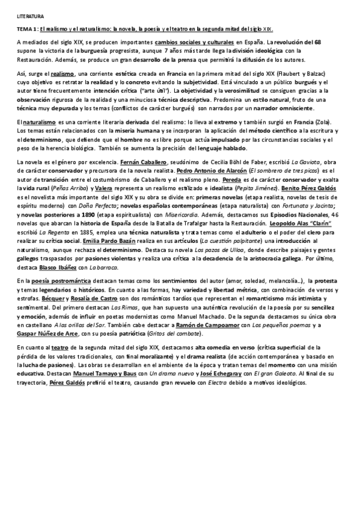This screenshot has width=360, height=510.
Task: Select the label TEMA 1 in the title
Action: pos(28,29)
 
